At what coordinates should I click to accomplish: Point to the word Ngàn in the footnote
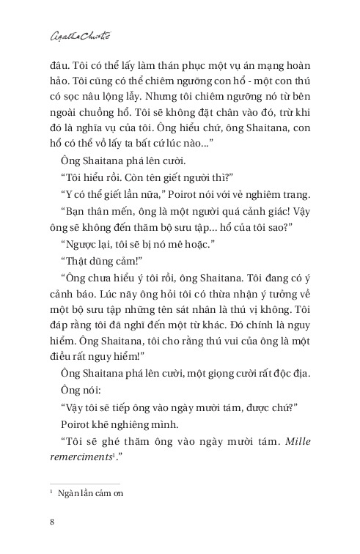tap(72, 493)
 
